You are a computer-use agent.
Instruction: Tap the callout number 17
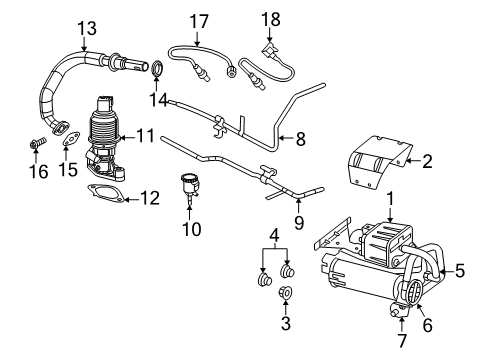[x=199, y=19]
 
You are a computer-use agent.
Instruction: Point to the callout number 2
[x=427, y=160]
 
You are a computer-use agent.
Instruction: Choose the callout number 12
[x=149, y=198]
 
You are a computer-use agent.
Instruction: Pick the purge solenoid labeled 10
[x=188, y=186]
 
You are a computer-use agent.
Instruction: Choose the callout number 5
[x=461, y=270]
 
